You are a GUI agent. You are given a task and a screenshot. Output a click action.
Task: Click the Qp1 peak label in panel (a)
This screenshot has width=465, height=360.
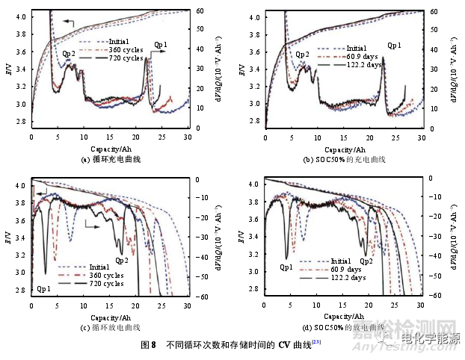[x=161, y=46]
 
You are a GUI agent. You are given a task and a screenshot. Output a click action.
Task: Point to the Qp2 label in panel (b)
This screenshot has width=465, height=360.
[x=302, y=54]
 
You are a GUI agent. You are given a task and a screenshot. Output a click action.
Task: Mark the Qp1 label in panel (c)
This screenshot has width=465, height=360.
[x=44, y=288]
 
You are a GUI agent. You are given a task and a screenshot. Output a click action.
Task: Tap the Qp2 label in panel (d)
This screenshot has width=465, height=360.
[x=366, y=261]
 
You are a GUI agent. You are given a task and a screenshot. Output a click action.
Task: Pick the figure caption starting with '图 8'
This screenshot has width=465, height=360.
[x=231, y=345]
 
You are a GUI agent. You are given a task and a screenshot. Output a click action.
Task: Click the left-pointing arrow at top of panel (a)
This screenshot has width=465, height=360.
[x=69, y=23]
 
